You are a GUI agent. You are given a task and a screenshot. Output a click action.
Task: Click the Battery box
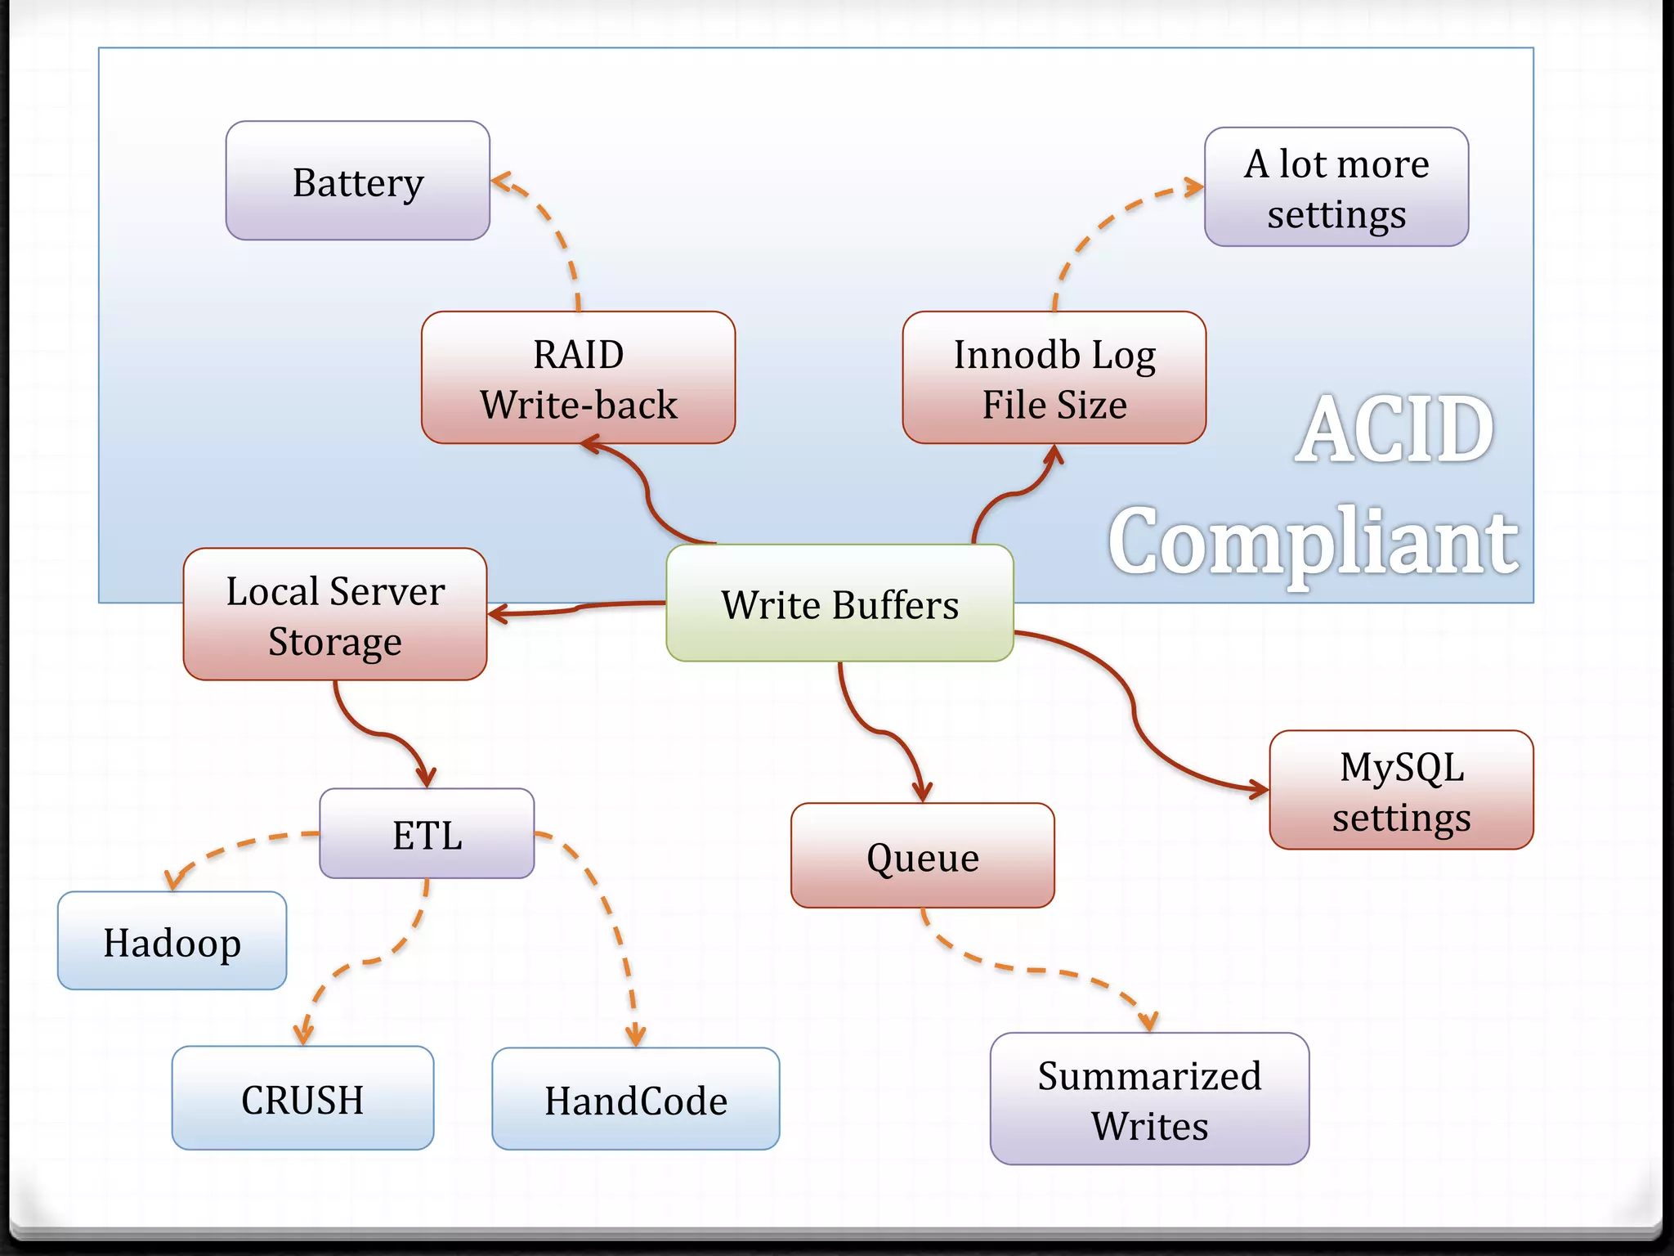click(x=357, y=181)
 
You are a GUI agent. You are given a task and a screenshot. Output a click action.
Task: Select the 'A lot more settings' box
click(x=1336, y=187)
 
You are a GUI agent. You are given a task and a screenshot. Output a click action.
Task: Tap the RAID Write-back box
click(x=578, y=378)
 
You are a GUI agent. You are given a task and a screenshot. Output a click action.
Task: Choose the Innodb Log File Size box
click(x=1054, y=378)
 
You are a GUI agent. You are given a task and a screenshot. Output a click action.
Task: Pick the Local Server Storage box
click(x=335, y=614)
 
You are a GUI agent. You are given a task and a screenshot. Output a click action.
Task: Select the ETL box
click(x=427, y=834)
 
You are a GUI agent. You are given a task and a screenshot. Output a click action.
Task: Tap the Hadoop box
click(x=172, y=941)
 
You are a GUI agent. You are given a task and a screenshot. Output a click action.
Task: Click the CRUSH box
click(x=302, y=1098)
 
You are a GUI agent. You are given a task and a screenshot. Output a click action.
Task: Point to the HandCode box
click(x=635, y=1099)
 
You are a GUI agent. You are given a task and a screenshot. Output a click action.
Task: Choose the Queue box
click(x=922, y=856)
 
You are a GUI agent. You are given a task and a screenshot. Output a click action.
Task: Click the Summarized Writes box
click(x=1148, y=1099)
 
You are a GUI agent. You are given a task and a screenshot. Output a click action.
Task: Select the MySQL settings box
click(x=1400, y=791)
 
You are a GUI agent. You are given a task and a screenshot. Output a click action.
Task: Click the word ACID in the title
click(x=1394, y=429)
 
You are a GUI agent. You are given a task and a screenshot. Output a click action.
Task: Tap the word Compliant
click(x=1313, y=542)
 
